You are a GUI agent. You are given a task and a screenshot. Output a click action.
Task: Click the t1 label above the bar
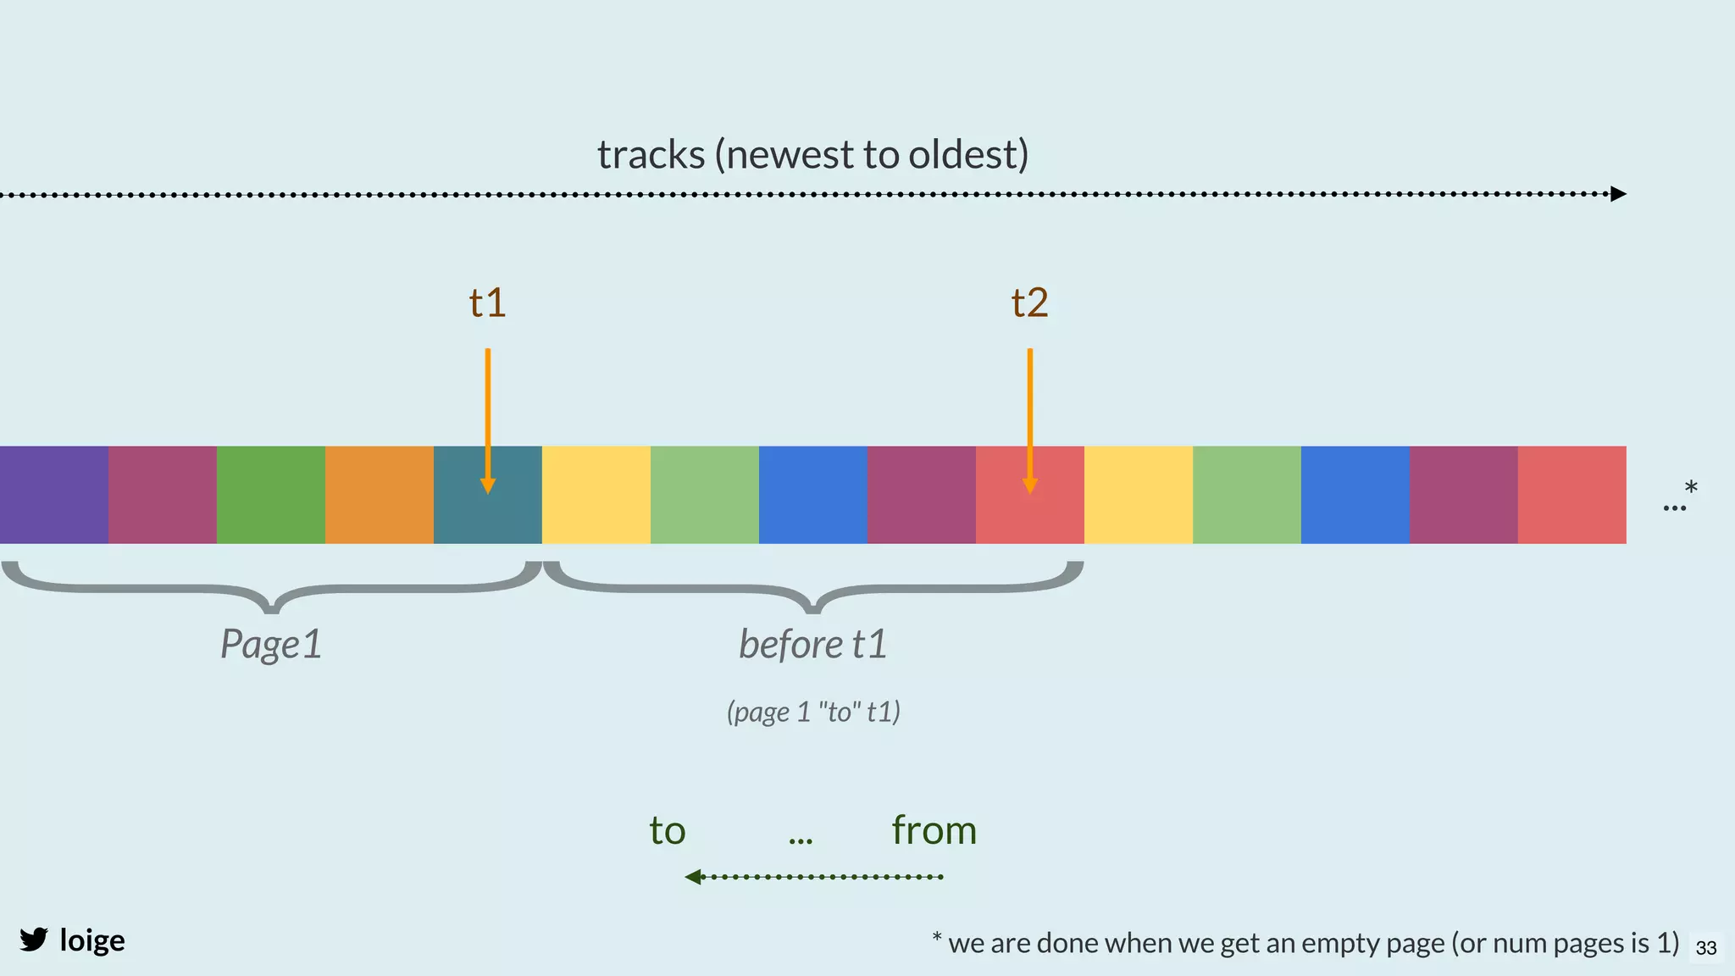[x=488, y=303]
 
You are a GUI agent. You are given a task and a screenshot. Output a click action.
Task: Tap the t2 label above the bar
[x=1029, y=303]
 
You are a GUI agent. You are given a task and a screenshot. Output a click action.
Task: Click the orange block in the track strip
[x=380, y=495]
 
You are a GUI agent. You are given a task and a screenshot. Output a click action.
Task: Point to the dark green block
[x=271, y=495]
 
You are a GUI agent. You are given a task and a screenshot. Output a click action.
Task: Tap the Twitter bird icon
[x=34, y=940]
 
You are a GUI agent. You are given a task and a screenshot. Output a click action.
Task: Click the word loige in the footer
[x=92, y=940]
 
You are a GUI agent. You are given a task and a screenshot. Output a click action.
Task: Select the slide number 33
[x=1706, y=948]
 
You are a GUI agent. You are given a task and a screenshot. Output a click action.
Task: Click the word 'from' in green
[x=934, y=830]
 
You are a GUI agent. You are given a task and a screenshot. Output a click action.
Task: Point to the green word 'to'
[x=668, y=831]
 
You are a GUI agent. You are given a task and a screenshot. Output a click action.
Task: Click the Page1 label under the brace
[x=271, y=644]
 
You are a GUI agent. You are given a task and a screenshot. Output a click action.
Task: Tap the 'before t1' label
[x=813, y=644]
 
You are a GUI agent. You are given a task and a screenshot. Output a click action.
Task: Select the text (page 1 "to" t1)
[x=813, y=712]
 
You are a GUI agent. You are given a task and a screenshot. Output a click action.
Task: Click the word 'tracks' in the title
[x=651, y=154]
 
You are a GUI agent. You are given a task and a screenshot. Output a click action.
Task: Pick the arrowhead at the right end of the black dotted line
[x=1618, y=194]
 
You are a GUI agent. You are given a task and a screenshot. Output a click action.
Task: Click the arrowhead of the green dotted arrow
[x=694, y=877]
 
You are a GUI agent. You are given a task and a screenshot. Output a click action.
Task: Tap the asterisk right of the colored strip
[x=1691, y=488]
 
